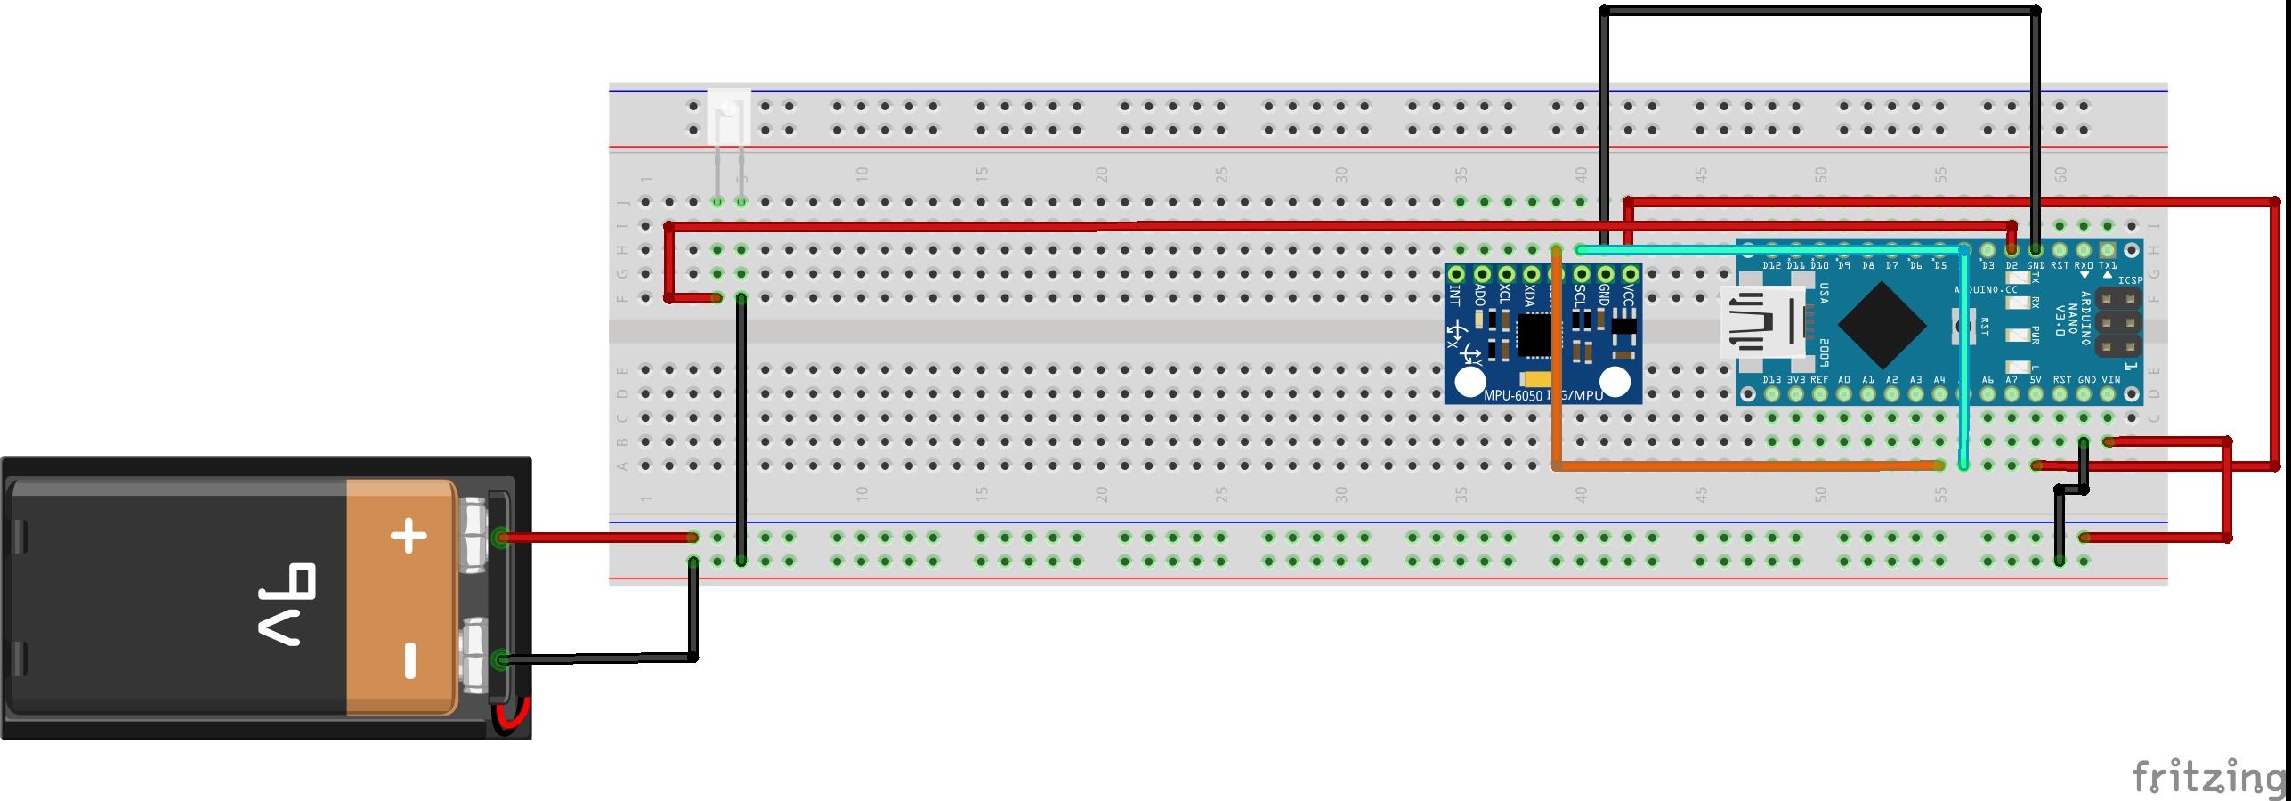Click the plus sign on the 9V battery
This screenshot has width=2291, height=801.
click(x=409, y=536)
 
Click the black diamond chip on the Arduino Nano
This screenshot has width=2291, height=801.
click(x=1882, y=325)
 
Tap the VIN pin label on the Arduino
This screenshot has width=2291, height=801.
click(x=2110, y=380)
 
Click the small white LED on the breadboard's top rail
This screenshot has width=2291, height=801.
click(x=729, y=117)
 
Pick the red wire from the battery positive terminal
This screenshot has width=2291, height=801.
click(x=596, y=538)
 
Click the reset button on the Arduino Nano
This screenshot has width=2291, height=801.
click(x=1960, y=325)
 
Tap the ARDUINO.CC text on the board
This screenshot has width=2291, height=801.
click(x=1985, y=290)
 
